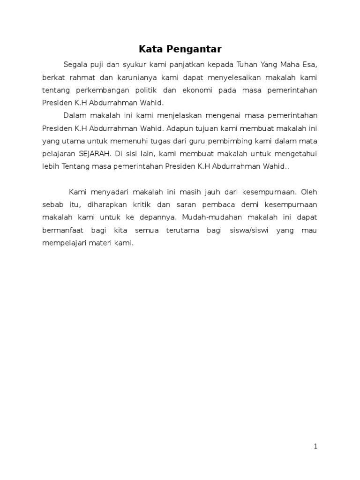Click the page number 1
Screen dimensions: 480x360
tap(316, 446)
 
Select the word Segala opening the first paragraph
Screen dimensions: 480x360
tap(74, 64)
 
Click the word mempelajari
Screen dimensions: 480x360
tap(64, 243)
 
